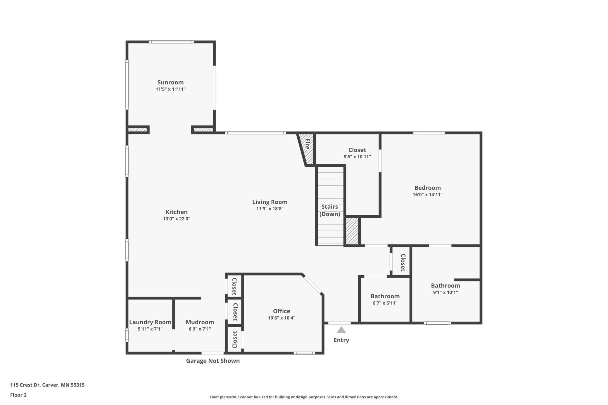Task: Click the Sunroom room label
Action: coord(170,82)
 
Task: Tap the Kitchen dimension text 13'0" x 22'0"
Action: coord(177,219)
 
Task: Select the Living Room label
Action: coord(270,202)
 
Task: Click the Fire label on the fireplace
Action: coord(307,144)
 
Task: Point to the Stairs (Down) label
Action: coord(330,210)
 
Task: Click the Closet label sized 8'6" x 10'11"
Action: coord(357,150)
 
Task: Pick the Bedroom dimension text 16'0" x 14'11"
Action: coord(427,195)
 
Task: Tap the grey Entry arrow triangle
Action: coord(341,330)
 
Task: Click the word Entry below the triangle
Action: coord(341,340)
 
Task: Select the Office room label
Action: coord(281,311)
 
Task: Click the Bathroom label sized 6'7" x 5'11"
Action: coord(385,296)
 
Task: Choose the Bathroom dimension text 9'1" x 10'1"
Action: coord(445,292)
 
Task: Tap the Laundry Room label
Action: coord(150,322)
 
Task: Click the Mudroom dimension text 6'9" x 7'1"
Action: coord(200,329)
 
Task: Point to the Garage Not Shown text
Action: coord(213,361)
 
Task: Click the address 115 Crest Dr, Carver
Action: coord(47,385)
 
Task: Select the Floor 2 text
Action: coord(18,395)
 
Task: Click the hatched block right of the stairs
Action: coord(352,231)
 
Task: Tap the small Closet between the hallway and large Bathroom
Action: coord(403,262)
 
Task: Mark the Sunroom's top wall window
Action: coord(171,42)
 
